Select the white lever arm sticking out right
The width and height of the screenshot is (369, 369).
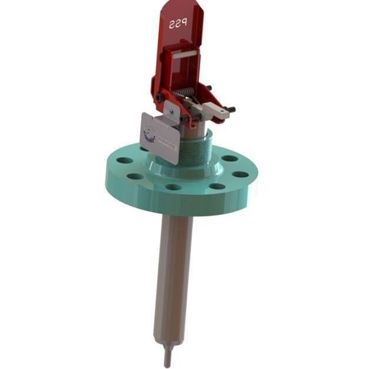coord(214,108)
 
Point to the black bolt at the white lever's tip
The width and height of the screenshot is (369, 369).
coord(231,110)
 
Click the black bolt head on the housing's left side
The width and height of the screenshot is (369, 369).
coord(159,97)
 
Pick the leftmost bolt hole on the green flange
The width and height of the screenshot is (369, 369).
coord(122,160)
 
